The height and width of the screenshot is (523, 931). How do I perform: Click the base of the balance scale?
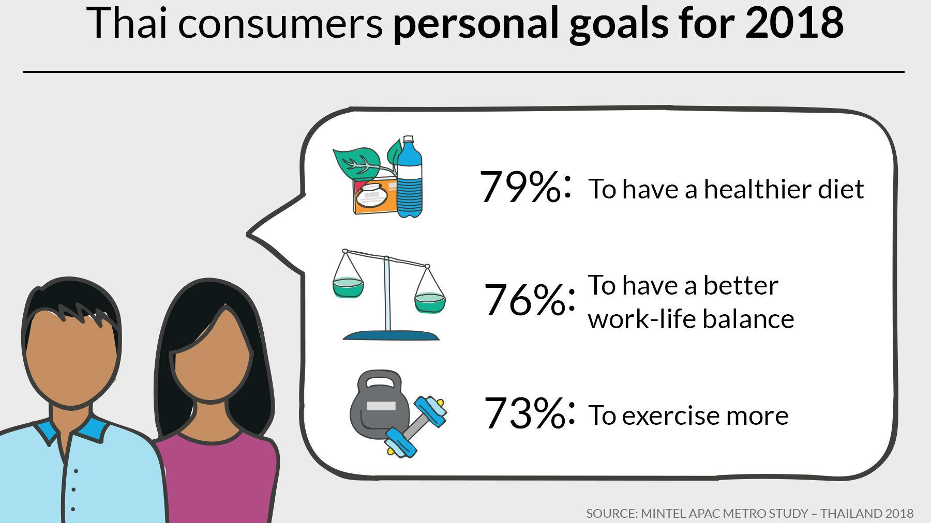click(x=391, y=335)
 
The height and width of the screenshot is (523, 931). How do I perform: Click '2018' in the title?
click(x=794, y=23)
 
